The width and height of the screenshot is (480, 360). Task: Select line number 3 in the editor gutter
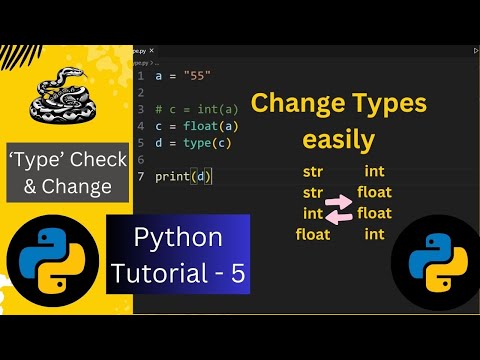[143, 109]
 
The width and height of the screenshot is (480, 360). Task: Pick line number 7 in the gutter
[143, 177]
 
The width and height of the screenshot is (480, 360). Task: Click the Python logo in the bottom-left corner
[45, 262]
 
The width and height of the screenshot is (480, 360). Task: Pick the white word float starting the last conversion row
[313, 235]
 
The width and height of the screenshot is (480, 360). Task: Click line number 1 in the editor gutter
[143, 75]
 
